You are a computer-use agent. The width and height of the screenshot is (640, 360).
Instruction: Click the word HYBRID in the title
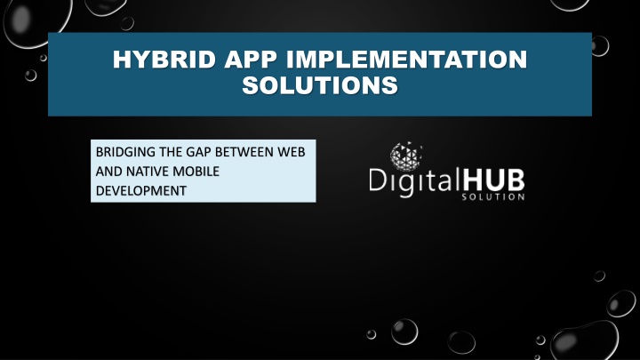pyautogui.click(x=164, y=60)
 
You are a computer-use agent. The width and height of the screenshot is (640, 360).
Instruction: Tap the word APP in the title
pyautogui.click(x=250, y=60)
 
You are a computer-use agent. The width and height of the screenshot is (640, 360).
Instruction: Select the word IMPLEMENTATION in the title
pyautogui.click(x=406, y=60)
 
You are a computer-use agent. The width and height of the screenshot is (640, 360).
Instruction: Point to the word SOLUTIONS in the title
pyautogui.click(x=320, y=85)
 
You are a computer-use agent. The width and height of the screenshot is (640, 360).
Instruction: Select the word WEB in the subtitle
pyautogui.click(x=292, y=152)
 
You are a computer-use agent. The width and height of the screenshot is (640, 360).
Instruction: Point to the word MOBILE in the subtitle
pyautogui.click(x=196, y=172)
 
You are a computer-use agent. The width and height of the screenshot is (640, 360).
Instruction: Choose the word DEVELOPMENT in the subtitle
pyautogui.click(x=141, y=190)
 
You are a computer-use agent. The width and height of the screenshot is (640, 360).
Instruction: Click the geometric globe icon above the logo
pyautogui.click(x=405, y=156)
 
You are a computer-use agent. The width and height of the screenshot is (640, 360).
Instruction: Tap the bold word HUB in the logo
pyautogui.click(x=492, y=180)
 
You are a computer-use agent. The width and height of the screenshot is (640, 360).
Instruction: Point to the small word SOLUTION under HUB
pyautogui.click(x=493, y=196)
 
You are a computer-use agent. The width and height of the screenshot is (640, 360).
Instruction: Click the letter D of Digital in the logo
pyautogui.click(x=377, y=180)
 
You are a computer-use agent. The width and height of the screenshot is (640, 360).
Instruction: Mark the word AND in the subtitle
pyautogui.click(x=109, y=172)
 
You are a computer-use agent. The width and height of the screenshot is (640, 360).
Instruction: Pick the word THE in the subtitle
pyautogui.click(x=171, y=152)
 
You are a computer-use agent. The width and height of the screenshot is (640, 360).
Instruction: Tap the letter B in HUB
pyautogui.click(x=515, y=180)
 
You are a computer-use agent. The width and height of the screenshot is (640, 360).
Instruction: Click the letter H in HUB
pyautogui.click(x=472, y=180)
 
